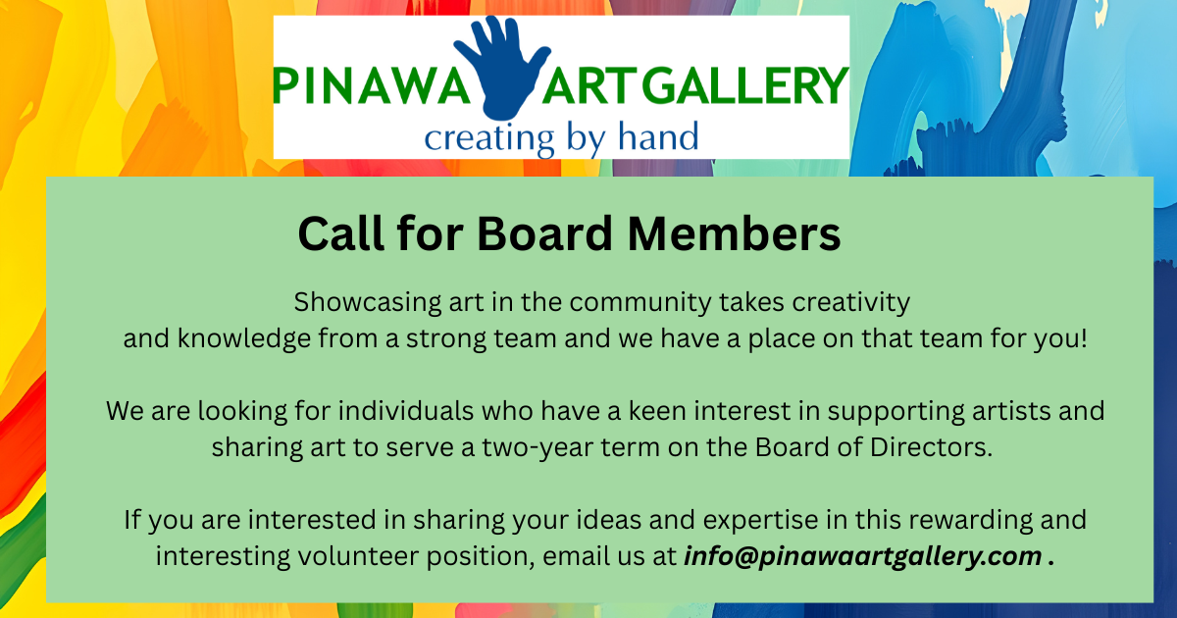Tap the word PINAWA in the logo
point(371,85)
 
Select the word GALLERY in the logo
point(744,85)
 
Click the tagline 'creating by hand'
point(561,138)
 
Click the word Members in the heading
point(734,233)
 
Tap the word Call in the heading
point(341,233)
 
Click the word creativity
point(850,303)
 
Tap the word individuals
point(406,411)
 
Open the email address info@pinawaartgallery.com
point(863,557)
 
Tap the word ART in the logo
point(589,85)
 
